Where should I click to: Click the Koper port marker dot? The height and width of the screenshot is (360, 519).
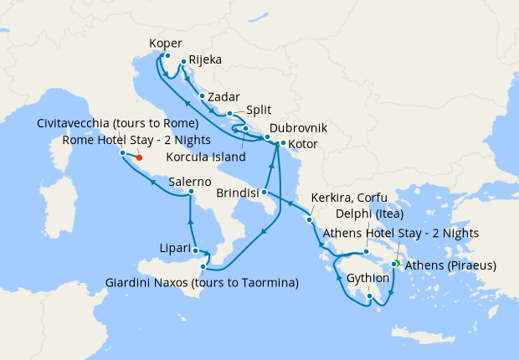coord(167,56)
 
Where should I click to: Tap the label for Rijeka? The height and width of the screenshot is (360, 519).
coord(206,60)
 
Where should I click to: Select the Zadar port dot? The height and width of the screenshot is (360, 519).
coord(203,96)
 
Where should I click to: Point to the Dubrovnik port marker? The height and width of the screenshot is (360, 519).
coord(267,136)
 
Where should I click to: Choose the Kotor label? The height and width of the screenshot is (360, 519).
coord(303,144)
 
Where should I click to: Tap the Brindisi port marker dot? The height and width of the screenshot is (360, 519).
coord(263,192)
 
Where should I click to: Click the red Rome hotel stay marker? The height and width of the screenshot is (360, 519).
coord(139,157)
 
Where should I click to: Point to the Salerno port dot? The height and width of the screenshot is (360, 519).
coord(192,192)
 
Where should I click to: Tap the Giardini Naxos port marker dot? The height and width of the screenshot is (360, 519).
coord(203,266)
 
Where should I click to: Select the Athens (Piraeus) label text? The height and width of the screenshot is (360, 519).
coord(450,266)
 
